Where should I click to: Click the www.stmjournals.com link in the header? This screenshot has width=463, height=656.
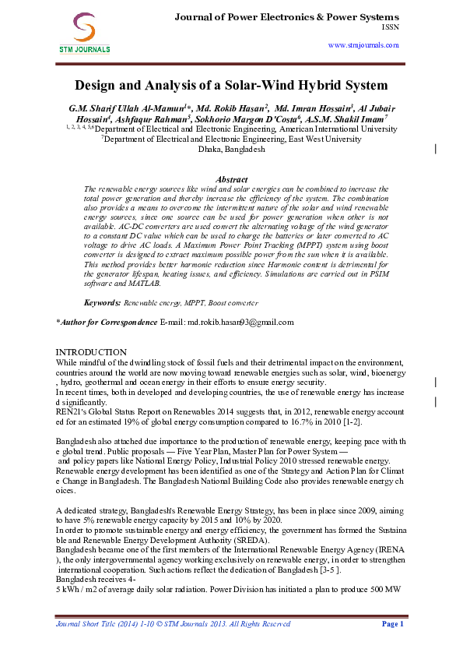(364, 46)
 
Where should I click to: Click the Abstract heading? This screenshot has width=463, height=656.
(230, 179)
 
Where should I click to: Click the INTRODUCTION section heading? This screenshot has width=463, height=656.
(91, 352)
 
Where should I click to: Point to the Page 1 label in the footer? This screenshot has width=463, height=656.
(391, 624)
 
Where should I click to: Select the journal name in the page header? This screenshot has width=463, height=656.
(286, 16)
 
